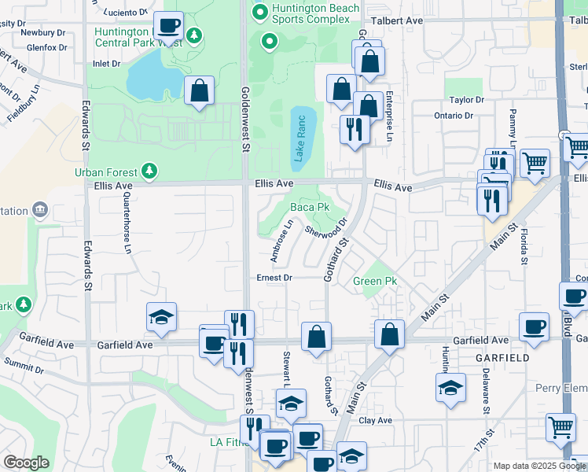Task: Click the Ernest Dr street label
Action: tap(274, 278)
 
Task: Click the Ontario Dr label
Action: tap(454, 116)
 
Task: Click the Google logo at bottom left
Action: tap(26, 463)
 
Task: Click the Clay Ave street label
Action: tap(375, 420)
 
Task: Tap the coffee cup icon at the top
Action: tap(168, 24)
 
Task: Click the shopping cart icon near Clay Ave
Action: tap(560, 427)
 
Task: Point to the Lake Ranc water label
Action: tap(300, 138)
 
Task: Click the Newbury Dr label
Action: tap(43, 33)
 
